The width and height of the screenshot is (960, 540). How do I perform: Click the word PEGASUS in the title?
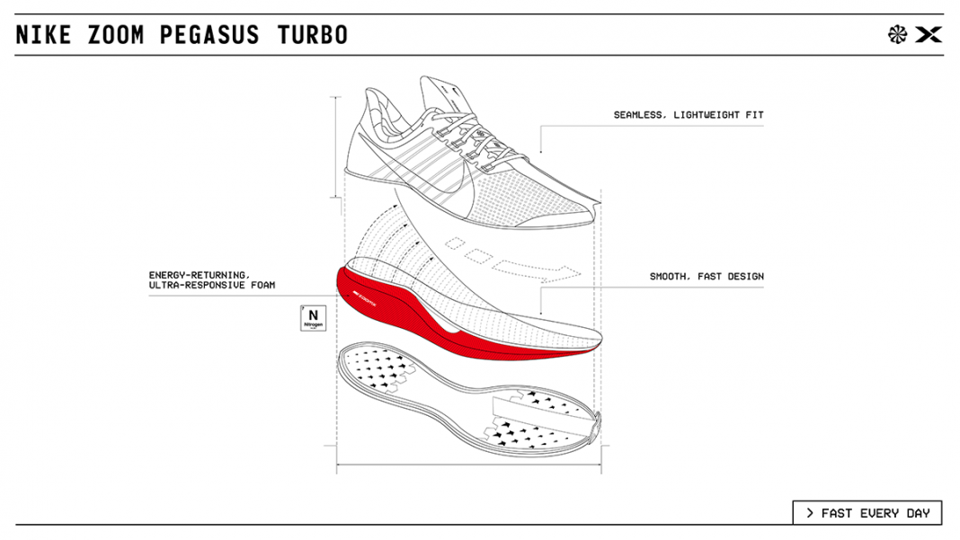(209, 35)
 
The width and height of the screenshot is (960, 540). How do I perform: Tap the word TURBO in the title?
(307, 35)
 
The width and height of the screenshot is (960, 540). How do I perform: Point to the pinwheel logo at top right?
(897, 35)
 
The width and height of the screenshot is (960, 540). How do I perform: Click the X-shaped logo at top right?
(928, 35)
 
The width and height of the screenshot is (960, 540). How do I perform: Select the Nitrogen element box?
(313, 318)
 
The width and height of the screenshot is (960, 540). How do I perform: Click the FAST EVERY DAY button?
(867, 513)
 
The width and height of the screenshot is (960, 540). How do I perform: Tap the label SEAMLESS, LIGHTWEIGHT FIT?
(689, 115)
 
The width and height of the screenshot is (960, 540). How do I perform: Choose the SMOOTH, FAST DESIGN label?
(707, 277)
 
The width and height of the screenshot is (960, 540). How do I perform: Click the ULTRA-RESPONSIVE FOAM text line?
(212, 286)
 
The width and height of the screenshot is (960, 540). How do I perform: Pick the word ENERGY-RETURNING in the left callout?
(200, 275)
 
